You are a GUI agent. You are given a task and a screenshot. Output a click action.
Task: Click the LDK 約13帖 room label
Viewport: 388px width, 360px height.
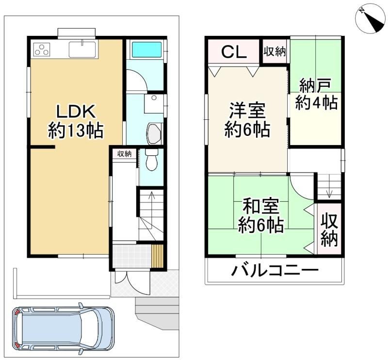pos(76,121)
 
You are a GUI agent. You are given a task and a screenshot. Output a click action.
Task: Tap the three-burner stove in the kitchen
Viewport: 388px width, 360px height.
pos(42,49)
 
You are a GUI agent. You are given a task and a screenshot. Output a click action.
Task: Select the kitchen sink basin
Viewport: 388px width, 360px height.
pos(82,49)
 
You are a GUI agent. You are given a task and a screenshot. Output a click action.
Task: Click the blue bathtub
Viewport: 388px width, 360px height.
pos(146,49)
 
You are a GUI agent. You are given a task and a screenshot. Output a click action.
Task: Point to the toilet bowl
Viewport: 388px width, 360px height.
pos(151,160)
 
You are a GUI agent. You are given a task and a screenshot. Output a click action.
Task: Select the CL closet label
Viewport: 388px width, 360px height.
pos(234,51)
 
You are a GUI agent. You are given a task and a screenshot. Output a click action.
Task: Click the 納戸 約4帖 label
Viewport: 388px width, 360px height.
pos(316,94)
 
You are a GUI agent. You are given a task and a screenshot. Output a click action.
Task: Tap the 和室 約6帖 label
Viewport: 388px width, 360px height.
pos(260,215)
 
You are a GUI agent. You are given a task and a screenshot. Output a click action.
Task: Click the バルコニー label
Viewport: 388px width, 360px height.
pos(275,270)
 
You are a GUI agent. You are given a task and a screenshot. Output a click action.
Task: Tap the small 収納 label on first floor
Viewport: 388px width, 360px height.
pos(124,154)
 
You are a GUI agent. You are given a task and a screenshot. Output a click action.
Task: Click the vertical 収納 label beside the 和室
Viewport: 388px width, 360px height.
pos(329,230)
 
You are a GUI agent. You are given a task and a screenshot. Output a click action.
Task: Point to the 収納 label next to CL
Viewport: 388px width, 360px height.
pos(275,51)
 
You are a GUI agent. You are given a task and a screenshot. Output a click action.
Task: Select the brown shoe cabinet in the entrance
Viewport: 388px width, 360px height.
pos(157,256)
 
